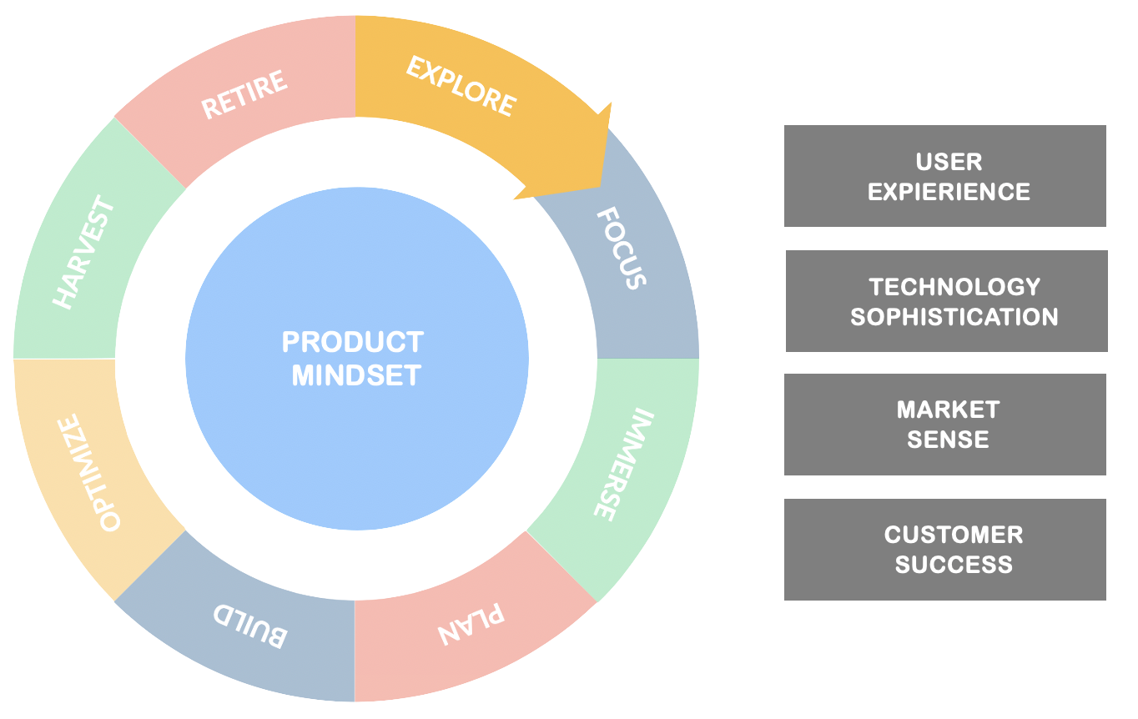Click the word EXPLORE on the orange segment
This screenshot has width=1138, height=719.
pos(461,85)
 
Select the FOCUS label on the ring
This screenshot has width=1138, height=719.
pos(622,249)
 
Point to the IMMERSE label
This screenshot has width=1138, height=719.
pos(617,464)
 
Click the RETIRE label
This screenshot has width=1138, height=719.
pos(244,93)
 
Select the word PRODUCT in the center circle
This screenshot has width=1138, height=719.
pos(352,342)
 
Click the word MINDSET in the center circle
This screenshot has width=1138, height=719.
pos(356,375)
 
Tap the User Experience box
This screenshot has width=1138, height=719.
pos(944,176)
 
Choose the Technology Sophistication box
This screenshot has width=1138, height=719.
pos(946,301)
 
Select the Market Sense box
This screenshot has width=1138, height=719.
pos(944,425)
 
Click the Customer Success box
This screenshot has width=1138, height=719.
pos(944,549)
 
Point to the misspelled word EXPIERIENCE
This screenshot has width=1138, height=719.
pos(949,192)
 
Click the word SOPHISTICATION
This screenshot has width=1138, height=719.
pos(954,317)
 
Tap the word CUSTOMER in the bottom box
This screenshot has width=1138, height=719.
pos(954,535)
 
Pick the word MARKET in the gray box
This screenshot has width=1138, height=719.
pos(948,410)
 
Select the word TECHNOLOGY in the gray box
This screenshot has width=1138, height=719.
pos(954,287)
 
